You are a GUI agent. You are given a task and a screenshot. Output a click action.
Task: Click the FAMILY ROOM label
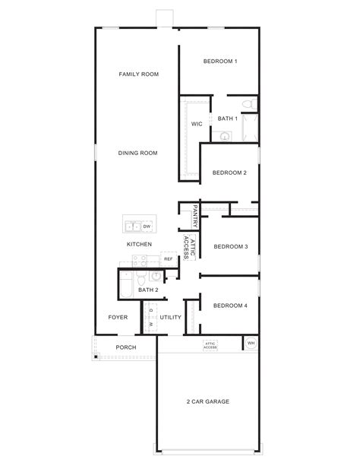click(138, 74)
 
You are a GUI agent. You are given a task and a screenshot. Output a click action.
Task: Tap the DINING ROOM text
click(137, 153)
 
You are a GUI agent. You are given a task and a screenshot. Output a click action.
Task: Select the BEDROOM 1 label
click(220, 61)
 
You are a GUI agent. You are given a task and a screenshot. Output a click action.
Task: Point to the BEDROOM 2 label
click(229, 173)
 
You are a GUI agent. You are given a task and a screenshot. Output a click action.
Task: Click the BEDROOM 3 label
click(231, 246)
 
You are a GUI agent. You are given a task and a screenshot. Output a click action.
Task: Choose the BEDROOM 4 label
click(231, 306)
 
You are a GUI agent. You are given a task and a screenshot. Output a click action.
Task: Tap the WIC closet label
click(196, 123)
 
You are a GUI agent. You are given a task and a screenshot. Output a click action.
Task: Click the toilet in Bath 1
click(246, 103)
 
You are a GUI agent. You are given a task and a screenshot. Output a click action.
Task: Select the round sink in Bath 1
click(225, 136)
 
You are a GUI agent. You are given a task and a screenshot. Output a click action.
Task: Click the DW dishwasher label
click(147, 227)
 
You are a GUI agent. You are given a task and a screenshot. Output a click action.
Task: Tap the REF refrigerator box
click(169, 259)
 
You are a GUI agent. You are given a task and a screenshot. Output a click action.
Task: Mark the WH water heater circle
click(251, 344)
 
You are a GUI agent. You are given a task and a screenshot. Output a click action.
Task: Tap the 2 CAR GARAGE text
click(207, 401)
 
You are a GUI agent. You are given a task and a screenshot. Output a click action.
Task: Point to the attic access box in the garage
click(210, 345)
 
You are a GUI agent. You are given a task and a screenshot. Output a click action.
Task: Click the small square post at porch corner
click(95, 357)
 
